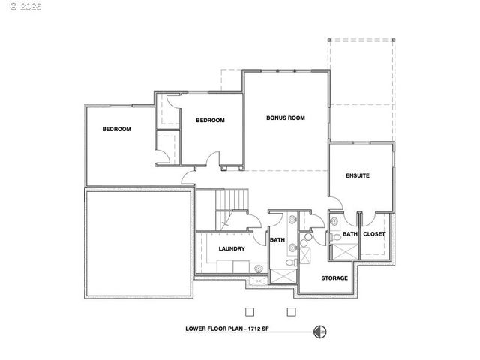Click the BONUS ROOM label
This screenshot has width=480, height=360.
click(286, 118)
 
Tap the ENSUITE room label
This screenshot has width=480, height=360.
click(357, 176)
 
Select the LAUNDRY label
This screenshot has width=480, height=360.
click(231, 248)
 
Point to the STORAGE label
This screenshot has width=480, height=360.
click(334, 278)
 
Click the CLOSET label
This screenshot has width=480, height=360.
click(373, 234)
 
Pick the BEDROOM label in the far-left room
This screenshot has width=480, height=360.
click(117, 129)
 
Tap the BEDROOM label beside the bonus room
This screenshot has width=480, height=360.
click(210, 120)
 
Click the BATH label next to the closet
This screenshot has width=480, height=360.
click(350, 234)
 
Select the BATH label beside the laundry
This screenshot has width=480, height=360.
click(277, 240)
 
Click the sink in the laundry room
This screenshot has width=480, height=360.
click(259, 268)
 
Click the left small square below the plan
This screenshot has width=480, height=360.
click(250, 311)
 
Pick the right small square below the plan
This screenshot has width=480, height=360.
click(292, 311)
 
